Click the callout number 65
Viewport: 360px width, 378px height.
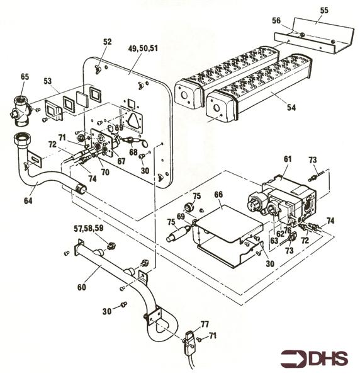25,76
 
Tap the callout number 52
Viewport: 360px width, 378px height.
107,42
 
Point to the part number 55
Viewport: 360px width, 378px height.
324,11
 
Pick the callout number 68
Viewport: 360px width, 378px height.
133,151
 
